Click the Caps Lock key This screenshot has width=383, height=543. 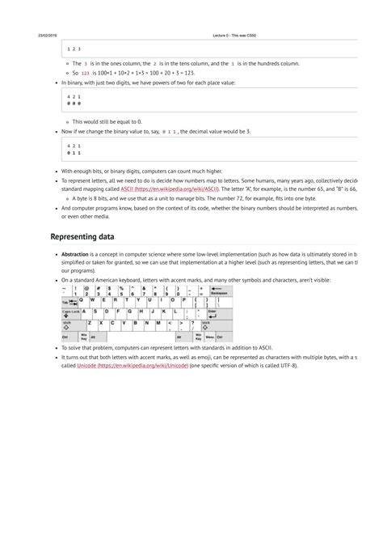70,312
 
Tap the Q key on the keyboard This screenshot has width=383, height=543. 82,301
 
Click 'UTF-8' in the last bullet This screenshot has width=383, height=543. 285,365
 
